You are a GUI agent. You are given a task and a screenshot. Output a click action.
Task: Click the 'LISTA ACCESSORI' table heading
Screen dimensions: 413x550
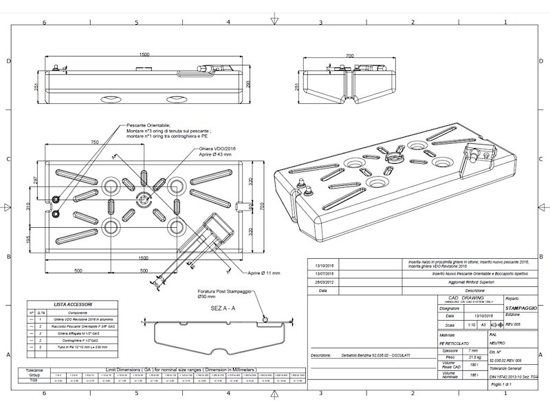[x=76, y=304]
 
